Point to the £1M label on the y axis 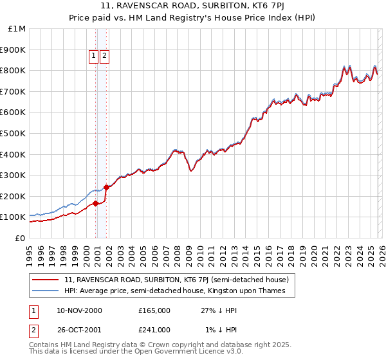(x=17, y=28)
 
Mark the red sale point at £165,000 (x=95, y=203)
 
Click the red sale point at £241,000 (x=106, y=187)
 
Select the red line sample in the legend (x=46, y=280)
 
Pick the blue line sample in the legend (x=46, y=291)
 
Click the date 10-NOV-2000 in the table (x=79, y=310)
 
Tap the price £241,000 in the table (x=154, y=329)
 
